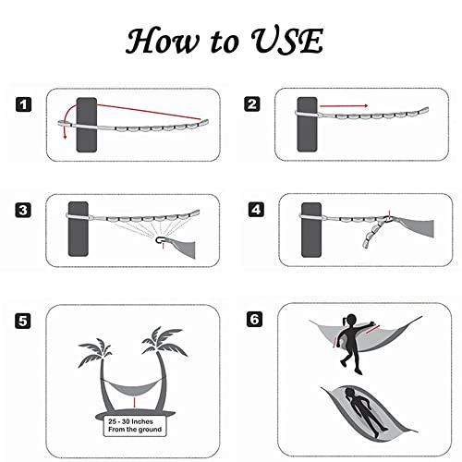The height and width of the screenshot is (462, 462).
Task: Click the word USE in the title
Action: coord(287,41)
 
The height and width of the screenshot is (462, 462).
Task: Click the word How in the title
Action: coord(162,41)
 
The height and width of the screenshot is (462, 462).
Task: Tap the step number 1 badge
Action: coord(23,104)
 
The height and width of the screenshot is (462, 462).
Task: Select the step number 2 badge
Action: coord(252,103)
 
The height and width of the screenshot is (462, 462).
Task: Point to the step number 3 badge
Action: coord(23,211)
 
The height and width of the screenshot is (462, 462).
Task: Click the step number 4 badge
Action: coord(256,210)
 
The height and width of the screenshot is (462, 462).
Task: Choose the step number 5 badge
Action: coord(23,321)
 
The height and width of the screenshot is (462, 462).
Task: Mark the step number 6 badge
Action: coord(255,319)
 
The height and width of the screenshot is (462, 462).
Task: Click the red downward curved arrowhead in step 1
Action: coord(65,137)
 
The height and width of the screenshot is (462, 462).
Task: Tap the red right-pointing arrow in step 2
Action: coord(344,106)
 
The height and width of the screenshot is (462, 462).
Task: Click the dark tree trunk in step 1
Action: coord(87,125)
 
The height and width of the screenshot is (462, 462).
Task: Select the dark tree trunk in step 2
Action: coord(307,125)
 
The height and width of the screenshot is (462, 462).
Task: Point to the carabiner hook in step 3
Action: coord(161,239)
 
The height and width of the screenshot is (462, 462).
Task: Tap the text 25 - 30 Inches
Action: coord(130,421)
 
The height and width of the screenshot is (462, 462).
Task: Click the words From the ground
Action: coord(135,430)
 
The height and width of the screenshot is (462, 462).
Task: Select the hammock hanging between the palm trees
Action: coord(133,389)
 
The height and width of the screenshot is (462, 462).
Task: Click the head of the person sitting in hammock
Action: coord(351,320)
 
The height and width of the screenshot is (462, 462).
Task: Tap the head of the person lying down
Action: coord(349,393)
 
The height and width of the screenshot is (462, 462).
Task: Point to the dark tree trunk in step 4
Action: coord(311,230)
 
